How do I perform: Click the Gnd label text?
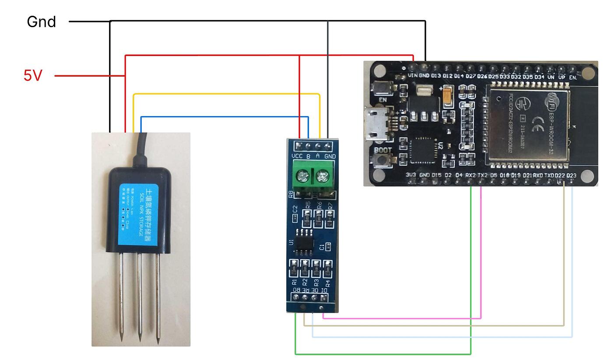click(x=41, y=22)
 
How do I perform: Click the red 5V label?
click(x=33, y=76)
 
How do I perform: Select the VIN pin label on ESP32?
click(x=413, y=75)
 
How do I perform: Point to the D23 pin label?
click(x=572, y=176)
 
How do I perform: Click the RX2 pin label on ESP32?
click(x=471, y=175)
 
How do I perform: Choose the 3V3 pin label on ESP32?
click(x=411, y=175)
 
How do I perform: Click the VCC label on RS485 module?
click(x=297, y=156)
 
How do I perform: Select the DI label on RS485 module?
click(x=324, y=290)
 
